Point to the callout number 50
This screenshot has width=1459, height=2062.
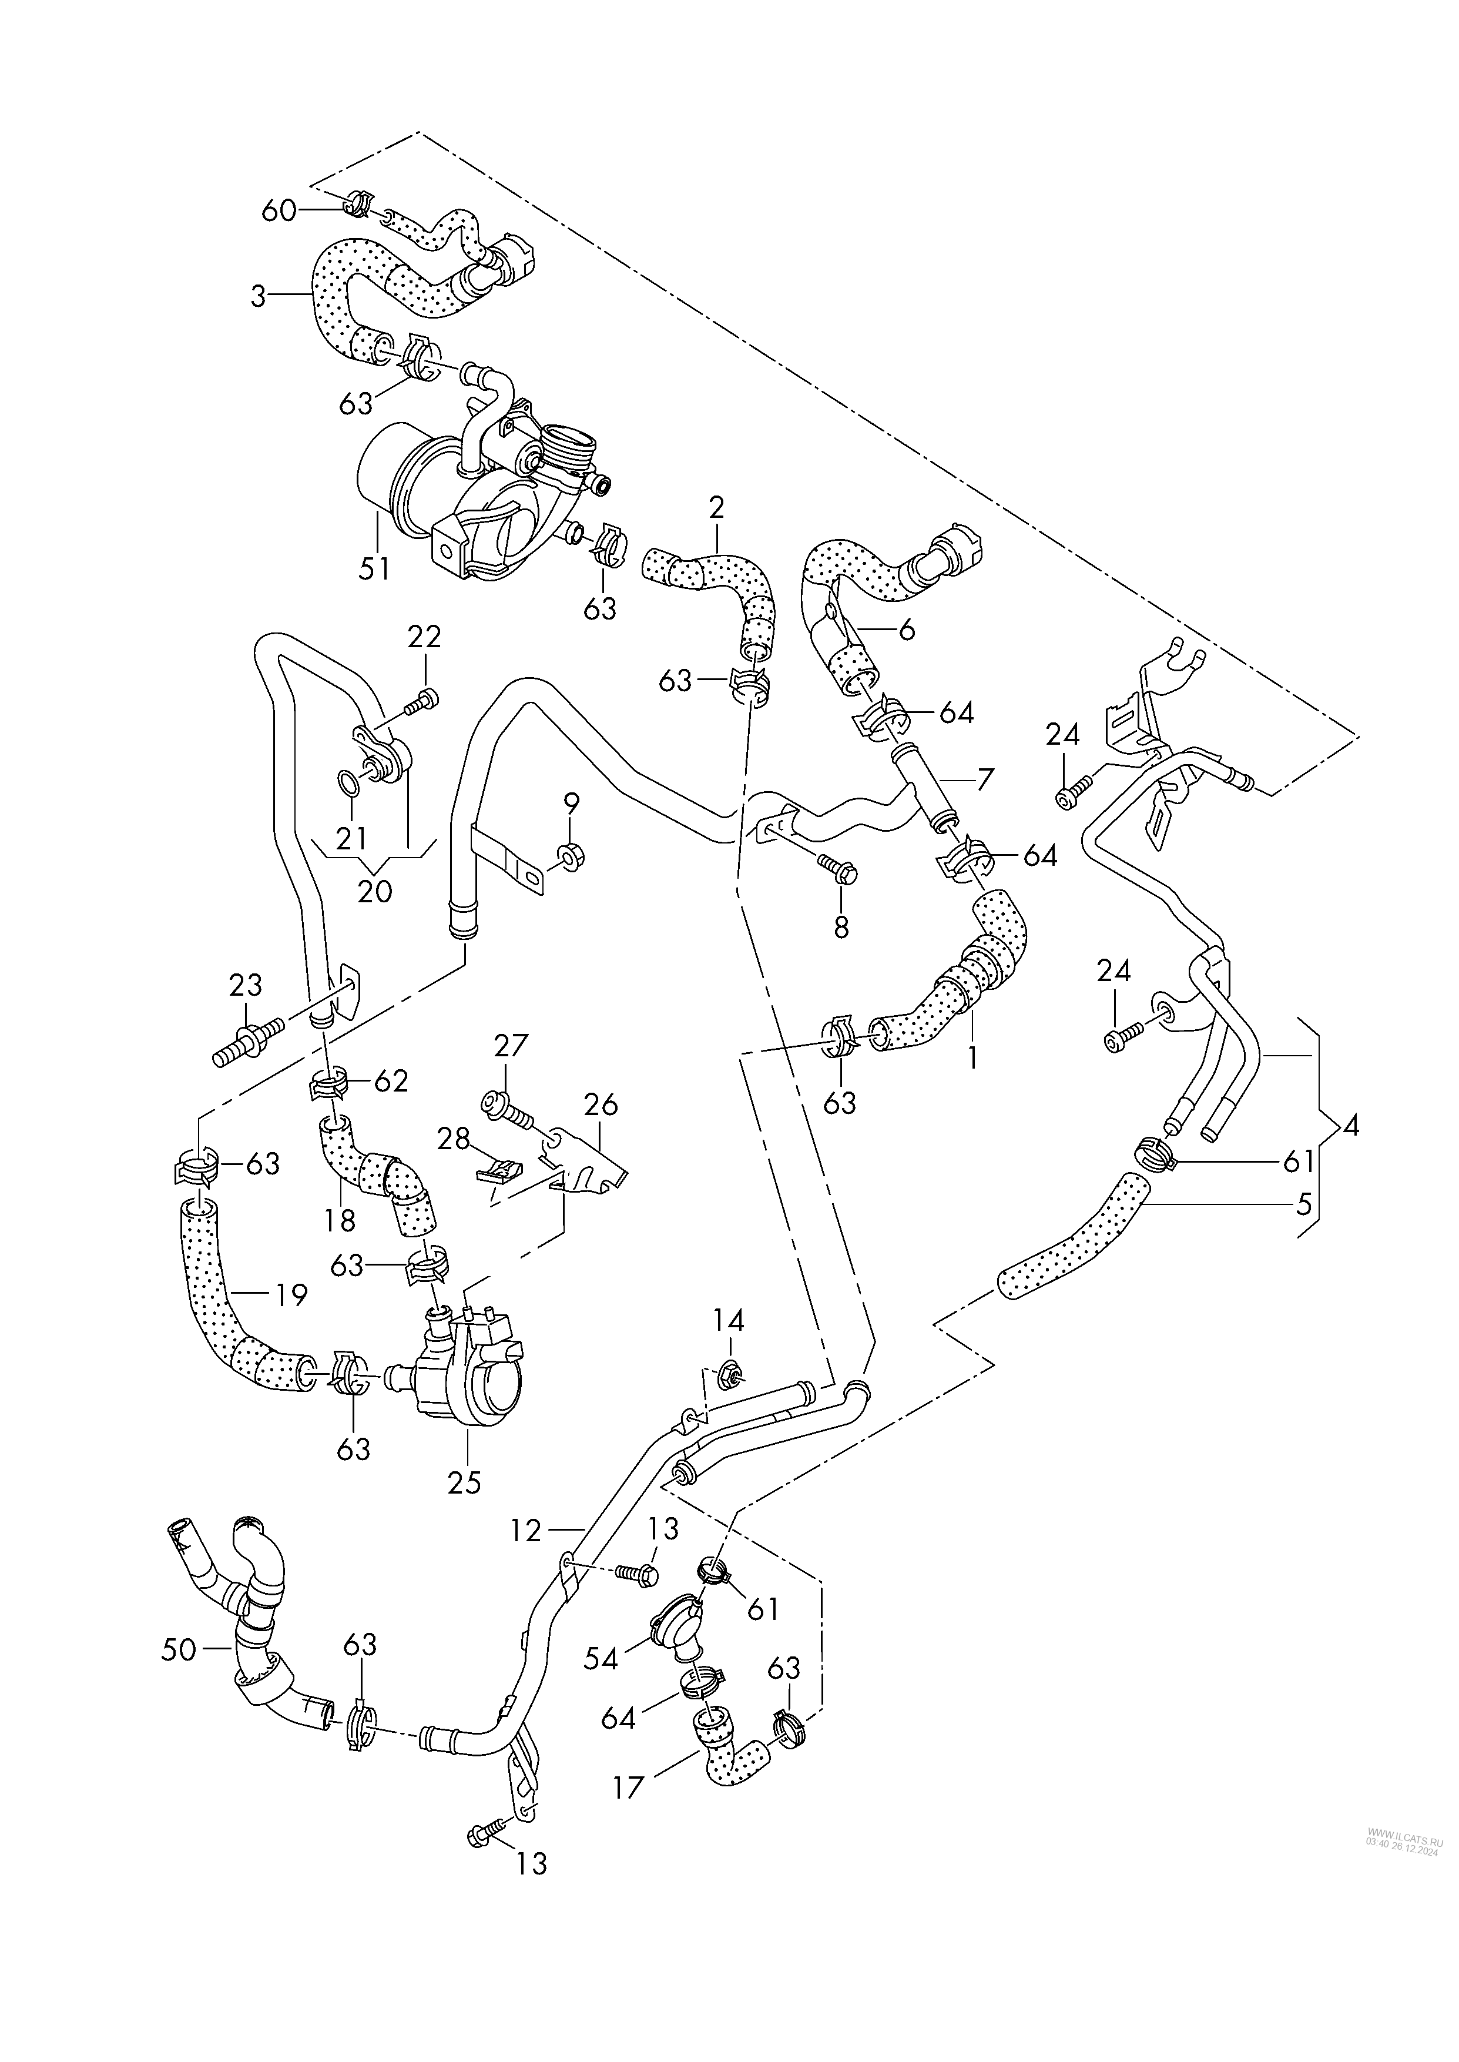[179, 1649]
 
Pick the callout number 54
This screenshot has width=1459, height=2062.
[600, 1659]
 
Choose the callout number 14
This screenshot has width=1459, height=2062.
[729, 1320]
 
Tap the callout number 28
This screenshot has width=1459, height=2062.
[453, 1139]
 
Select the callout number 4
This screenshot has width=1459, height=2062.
[1349, 1127]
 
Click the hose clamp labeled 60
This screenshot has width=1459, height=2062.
[355, 202]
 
